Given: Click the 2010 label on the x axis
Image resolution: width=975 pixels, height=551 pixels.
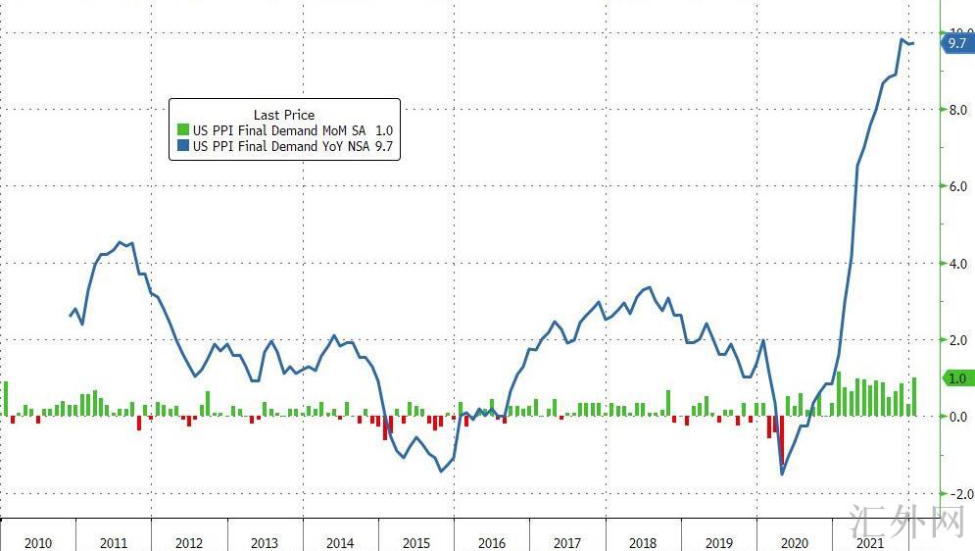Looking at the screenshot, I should tap(38, 543).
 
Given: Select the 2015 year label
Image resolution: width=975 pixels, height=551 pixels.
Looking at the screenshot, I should tap(415, 543).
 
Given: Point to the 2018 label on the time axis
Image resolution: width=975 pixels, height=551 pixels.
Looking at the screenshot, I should tap(643, 543).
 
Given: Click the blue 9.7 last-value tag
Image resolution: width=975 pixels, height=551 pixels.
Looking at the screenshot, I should tap(955, 43).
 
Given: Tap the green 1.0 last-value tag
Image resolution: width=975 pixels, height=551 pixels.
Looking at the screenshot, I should tap(955, 378).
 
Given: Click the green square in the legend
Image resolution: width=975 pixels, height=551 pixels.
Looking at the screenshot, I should tap(182, 130).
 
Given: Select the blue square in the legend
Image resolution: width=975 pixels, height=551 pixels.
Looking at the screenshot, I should tap(182, 146).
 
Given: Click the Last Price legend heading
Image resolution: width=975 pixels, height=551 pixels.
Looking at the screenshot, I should tap(284, 115).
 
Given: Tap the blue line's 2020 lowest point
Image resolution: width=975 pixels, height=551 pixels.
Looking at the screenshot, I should tap(782, 475).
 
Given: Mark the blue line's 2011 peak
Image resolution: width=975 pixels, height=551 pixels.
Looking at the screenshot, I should tap(120, 241).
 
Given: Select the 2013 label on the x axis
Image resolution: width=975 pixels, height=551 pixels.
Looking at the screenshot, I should tap(265, 543).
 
